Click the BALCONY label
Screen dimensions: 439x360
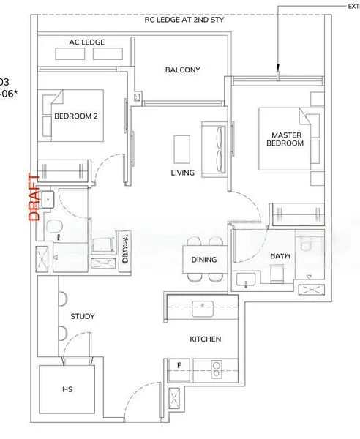tap(182, 70)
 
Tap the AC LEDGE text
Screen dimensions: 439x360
tap(86, 43)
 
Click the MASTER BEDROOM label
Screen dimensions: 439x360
tap(287, 139)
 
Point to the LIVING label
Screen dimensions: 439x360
tap(182, 173)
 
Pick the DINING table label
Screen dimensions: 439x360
tap(204, 260)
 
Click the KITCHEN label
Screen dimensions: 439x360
tap(205, 339)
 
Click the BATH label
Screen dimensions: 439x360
tap(281, 255)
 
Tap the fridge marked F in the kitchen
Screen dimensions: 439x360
tap(179, 364)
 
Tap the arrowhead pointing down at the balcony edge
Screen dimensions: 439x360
tap(278, 71)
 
